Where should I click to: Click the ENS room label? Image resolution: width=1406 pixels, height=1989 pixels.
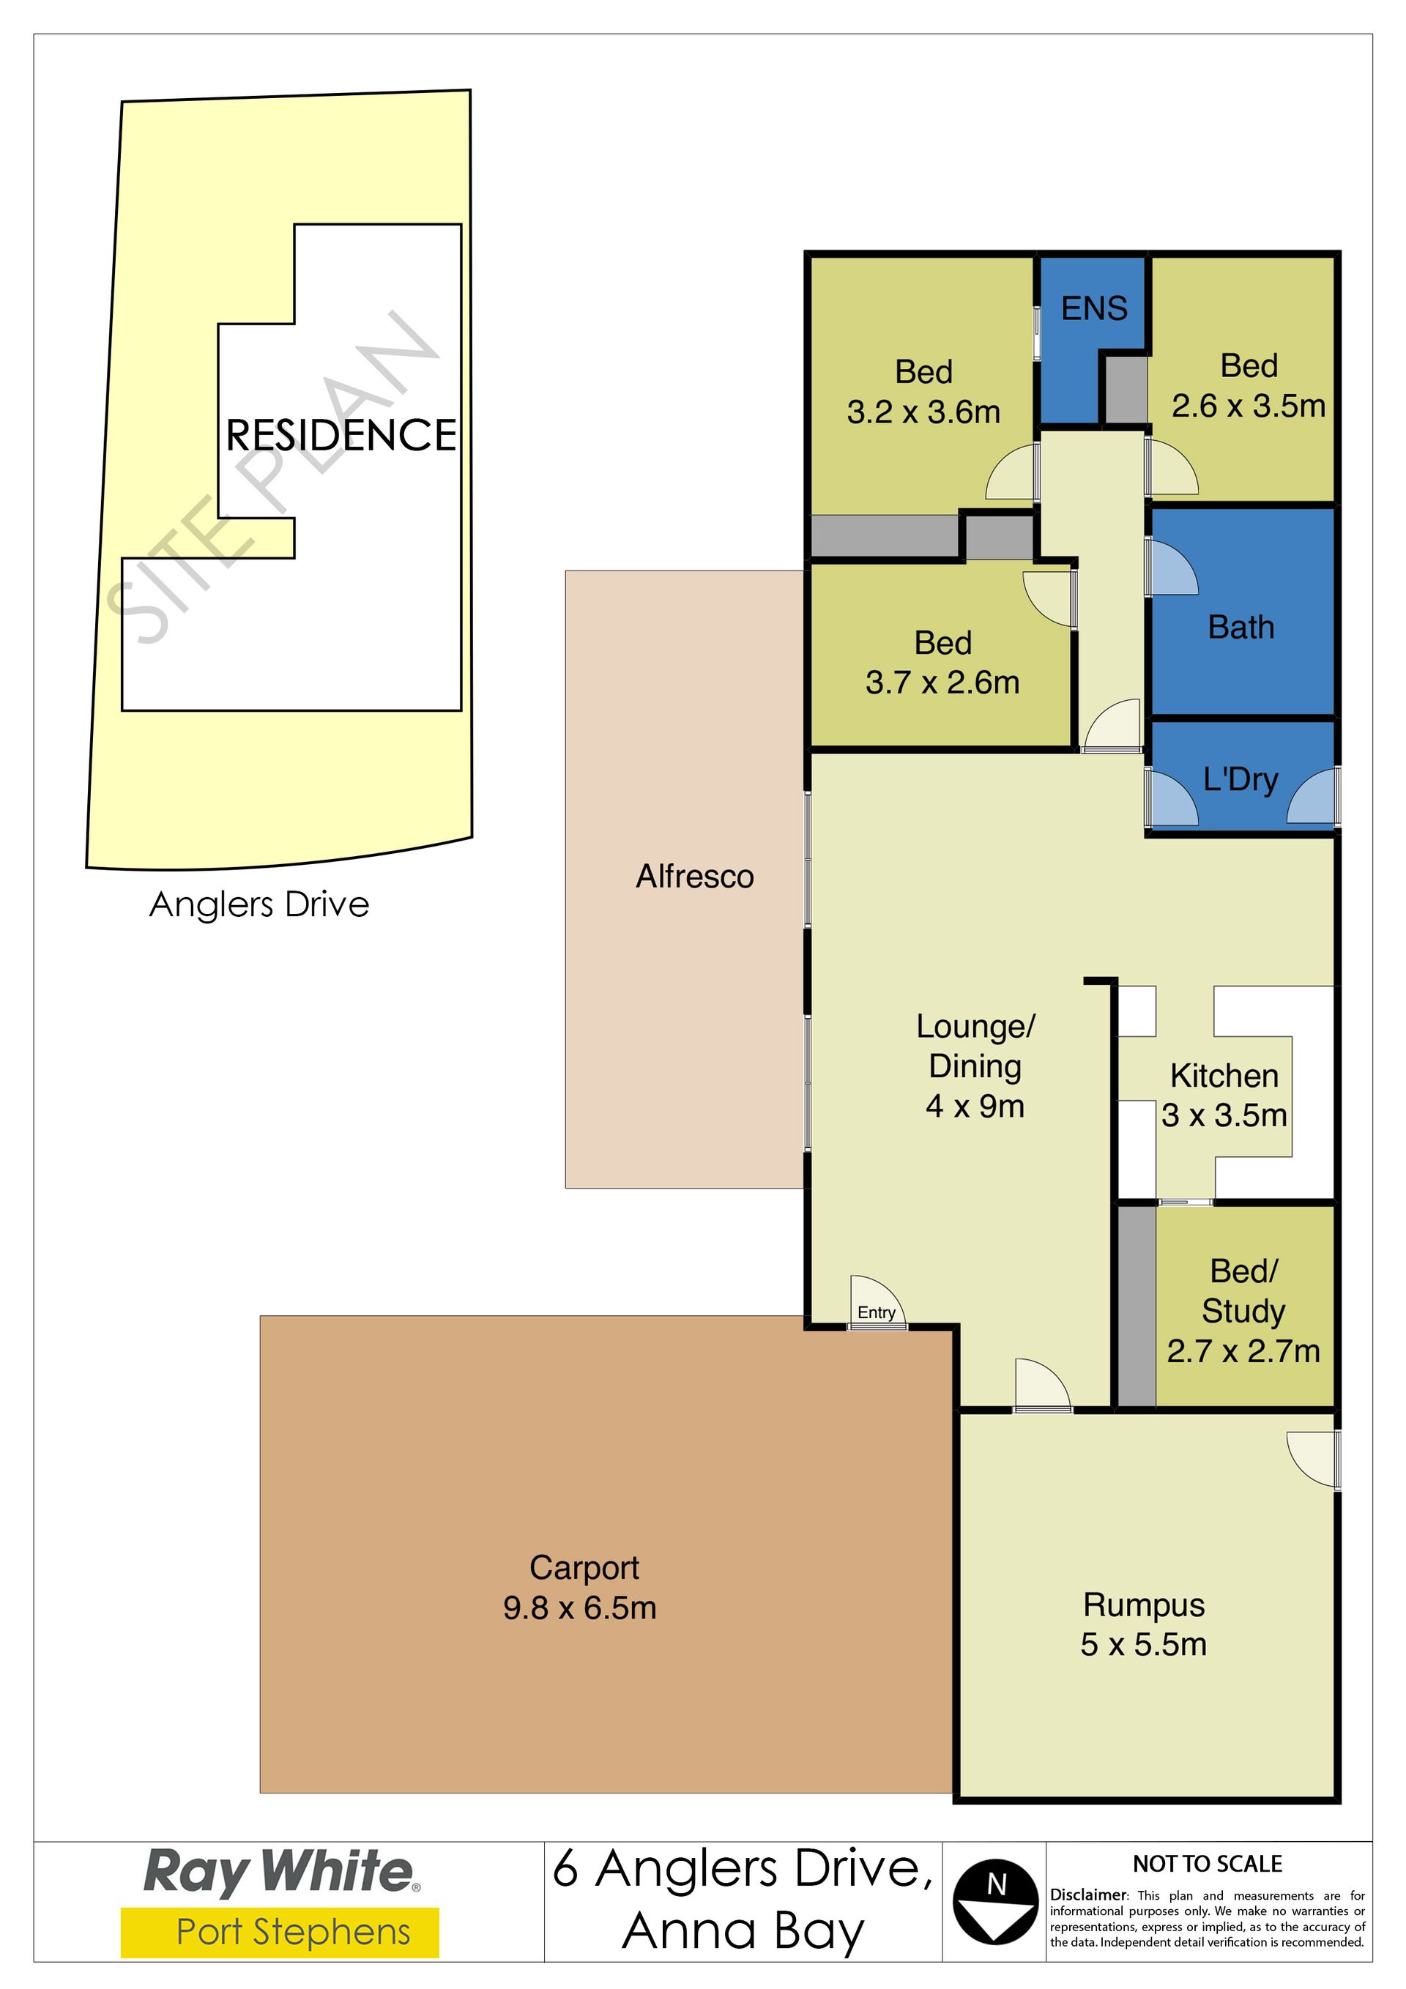click(x=1094, y=308)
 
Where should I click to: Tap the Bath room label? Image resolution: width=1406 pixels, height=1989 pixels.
click(x=1241, y=627)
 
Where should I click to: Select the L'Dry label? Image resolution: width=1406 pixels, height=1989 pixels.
click(x=1241, y=780)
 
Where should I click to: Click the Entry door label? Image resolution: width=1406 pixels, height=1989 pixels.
click(x=876, y=1312)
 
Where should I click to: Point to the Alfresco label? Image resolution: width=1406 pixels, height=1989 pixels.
click(x=695, y=877)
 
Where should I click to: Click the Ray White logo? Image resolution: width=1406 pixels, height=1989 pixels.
click(x=280, y=1871)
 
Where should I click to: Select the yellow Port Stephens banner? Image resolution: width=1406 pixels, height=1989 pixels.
click(x=280, y=1933)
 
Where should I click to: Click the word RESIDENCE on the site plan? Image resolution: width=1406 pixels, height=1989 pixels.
click(x=341, y=435)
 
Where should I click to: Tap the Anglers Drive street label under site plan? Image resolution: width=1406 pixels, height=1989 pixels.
click(x=259, y=904)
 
